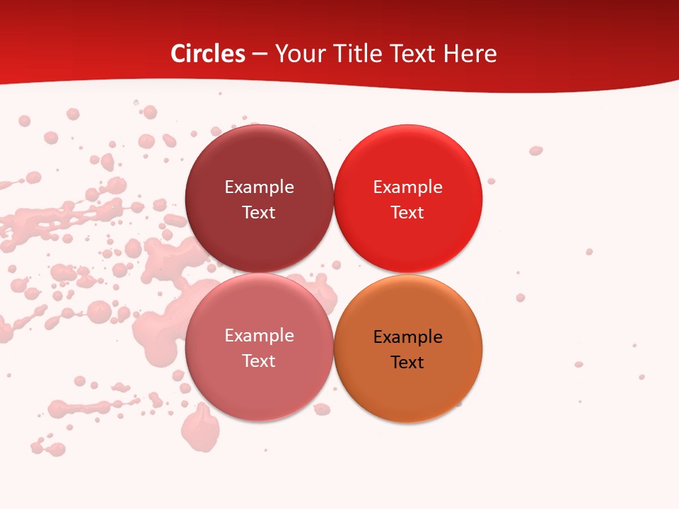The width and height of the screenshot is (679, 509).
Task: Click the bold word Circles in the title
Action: pyautogui.click(x=208, y=54)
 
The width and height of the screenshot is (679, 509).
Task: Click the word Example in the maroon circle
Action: pyautogui.click(x=259, y=187)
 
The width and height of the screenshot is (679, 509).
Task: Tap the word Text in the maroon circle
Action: pyautogui.click(x=259, y=212)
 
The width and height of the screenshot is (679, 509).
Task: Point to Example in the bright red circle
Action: pyautogui.click(x=407, y=187)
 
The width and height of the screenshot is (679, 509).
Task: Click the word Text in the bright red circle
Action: pyautogui.click(x=407, y=212)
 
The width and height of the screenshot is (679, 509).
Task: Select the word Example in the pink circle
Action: pyautogui.click(x=259, y=335)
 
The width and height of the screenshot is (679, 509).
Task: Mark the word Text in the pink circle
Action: pyautogui.click(x=259, y=361)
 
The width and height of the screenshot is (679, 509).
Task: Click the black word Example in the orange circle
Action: pyautogui.click(x=407, y=337)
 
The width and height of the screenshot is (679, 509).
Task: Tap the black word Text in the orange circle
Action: pyautogui.click(x=407, y=362)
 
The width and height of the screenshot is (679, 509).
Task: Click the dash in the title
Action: pyautogui.click(x=260, y=54)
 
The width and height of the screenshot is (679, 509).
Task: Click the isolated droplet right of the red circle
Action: pyautogui.click(x=535, y=151)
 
